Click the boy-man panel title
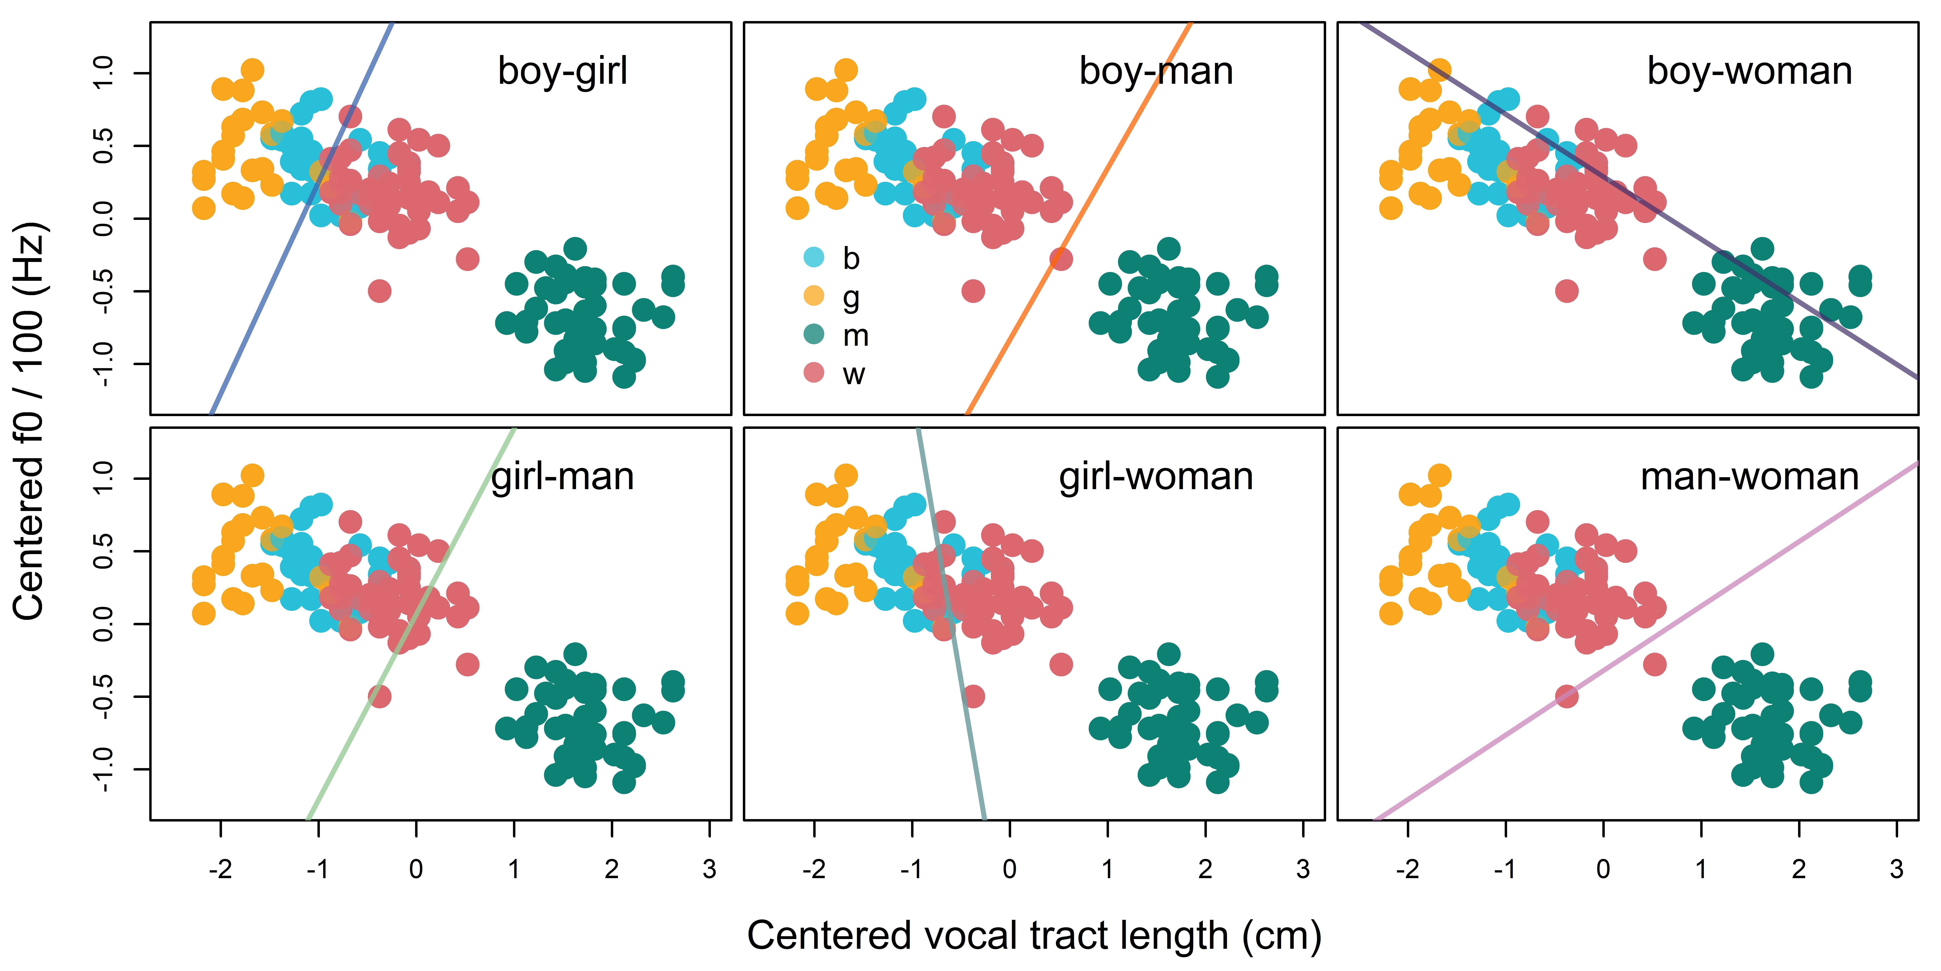1156,72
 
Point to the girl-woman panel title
1156,477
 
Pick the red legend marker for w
814,372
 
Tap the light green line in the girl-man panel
411,623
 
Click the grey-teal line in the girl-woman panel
951,623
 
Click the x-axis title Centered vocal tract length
1034,936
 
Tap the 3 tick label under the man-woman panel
1897,869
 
